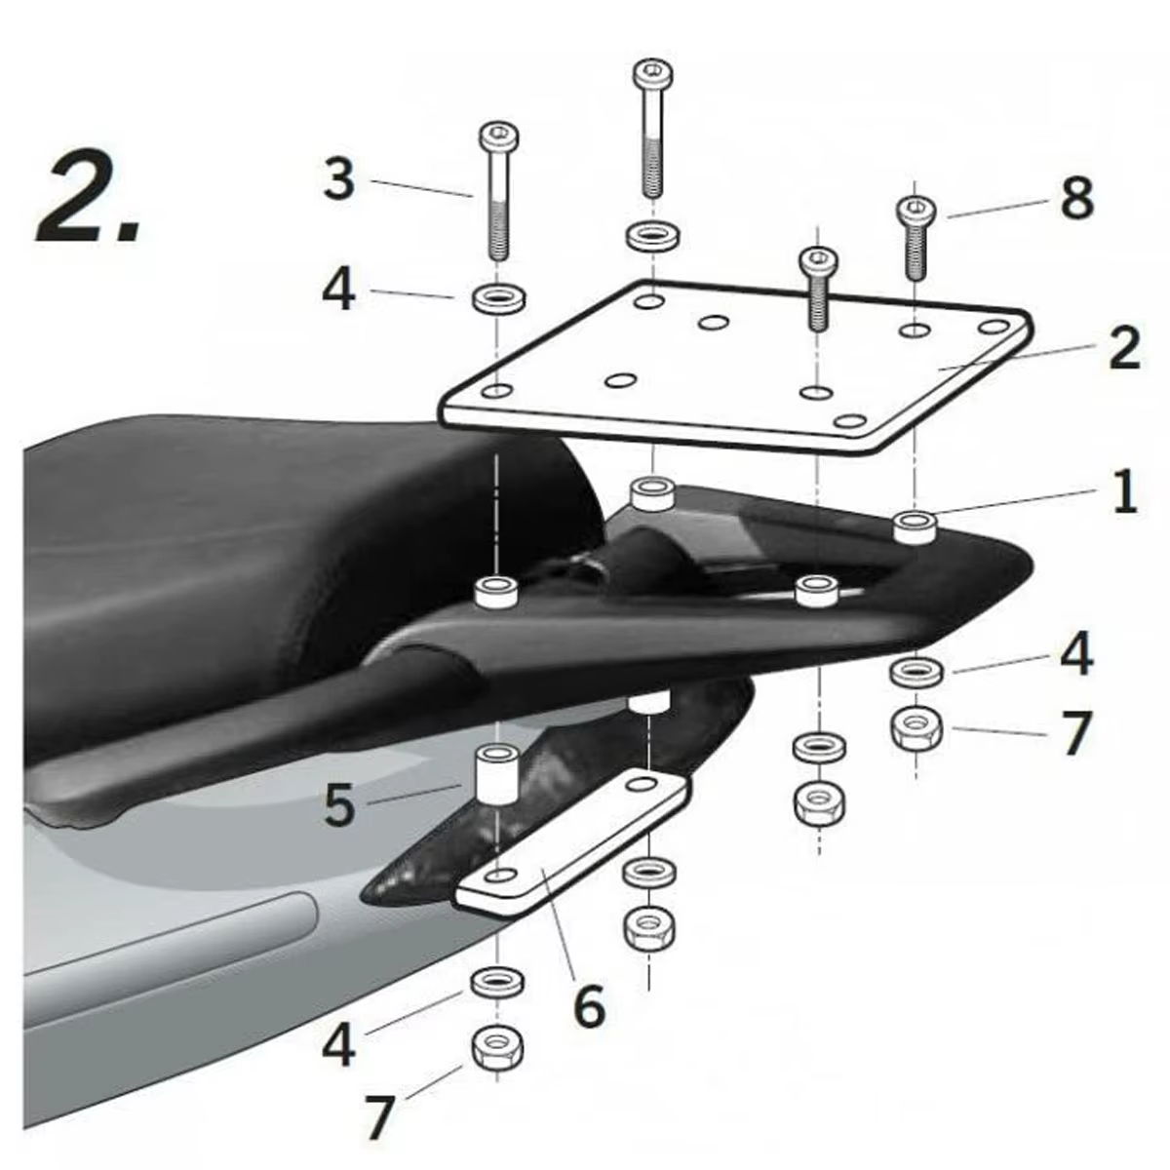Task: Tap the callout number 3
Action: pyautogui.click(x=338, y=180)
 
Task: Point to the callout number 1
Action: pyautogui.click(x=1124, y=491)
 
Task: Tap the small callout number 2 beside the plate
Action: pyautogui.click(x=1123, y=348)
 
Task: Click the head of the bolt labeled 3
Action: pyautogui.click(x=498, y=136)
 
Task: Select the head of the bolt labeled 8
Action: pyautogui.click(x=915, y=209)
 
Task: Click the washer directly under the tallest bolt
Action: pyautogui.click(x=653, y=236)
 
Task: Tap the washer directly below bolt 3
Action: pyautogui.click(x=499, y=297)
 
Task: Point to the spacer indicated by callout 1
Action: pyautogui.click(x=915, y=526)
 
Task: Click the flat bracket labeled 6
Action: pyautogui.click(x=575, y=844)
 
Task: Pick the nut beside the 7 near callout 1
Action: pyautogui.click(x=916, y=727)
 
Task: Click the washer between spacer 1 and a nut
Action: pyautogui.click(x=916, y=671)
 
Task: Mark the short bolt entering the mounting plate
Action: pyautogui.click(x=817, y=289)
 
